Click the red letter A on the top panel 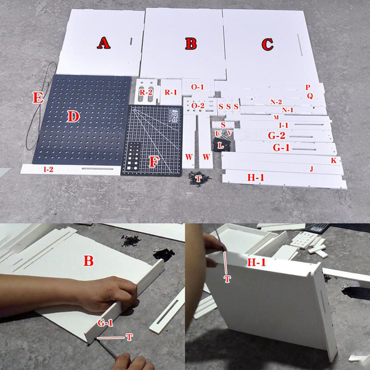[104, 43]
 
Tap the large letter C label [267, 44]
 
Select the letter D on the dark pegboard [73, 116]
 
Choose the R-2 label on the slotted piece [146, 92]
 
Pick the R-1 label [171, 92]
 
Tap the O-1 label [198, 87]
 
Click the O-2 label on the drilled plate [198, 106]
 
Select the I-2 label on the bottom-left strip [48, 169]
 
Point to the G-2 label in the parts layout [276, 136]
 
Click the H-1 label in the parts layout [255, 177]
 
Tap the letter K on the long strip [334, 160]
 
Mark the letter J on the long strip [312, 169]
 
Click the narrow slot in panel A [131, 41]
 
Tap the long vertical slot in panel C [300, 44]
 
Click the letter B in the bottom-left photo [89, 261]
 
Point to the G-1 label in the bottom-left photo [105, 323]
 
